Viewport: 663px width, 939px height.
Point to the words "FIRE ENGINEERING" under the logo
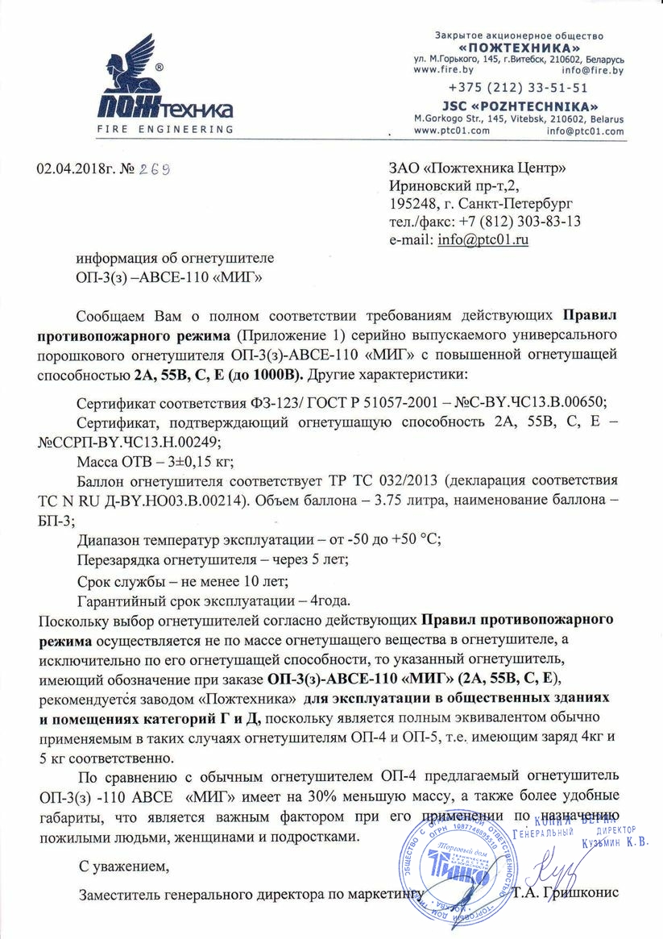pos(166,130)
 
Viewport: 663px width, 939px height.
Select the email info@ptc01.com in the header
pos(585,131)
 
